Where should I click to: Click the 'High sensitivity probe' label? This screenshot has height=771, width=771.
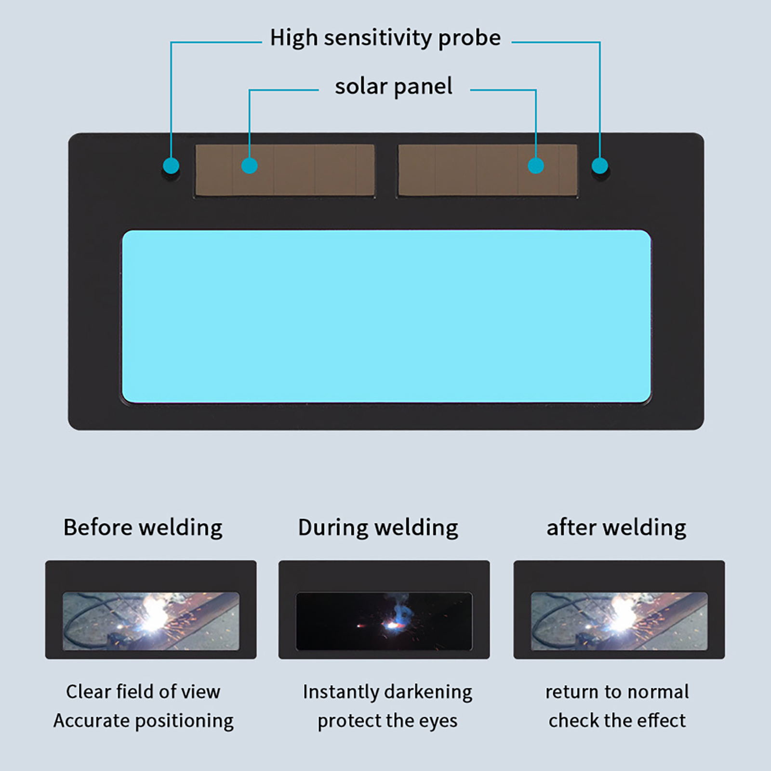(385, 38)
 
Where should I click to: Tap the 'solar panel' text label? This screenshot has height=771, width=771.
(394, 87)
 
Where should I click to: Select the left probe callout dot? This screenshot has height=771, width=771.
(171, 166)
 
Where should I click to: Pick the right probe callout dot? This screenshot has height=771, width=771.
(599, 166)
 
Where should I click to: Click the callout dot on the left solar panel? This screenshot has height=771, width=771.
(249, 166)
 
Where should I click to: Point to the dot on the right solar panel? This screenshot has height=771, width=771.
(536, 166)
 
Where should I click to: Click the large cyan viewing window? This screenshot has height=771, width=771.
(386, 316)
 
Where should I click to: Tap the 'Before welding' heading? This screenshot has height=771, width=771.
(143, 528)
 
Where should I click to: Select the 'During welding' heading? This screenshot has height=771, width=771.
(378, 528)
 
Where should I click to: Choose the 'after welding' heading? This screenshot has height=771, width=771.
(616, 528)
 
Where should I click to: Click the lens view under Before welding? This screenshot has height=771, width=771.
(151, 621)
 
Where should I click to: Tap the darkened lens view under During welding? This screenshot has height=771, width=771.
(384, 621)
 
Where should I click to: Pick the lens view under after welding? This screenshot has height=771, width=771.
(619, 621)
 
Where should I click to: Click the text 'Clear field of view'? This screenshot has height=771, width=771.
(143, 692)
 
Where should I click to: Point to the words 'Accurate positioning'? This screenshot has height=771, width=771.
(143, 721)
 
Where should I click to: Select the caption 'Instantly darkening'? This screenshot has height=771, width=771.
(387, 692)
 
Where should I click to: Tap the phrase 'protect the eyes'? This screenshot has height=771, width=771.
(387, 721)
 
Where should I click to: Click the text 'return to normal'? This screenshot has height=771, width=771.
(617, 692)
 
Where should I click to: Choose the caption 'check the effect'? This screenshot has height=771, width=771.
(617, 721)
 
